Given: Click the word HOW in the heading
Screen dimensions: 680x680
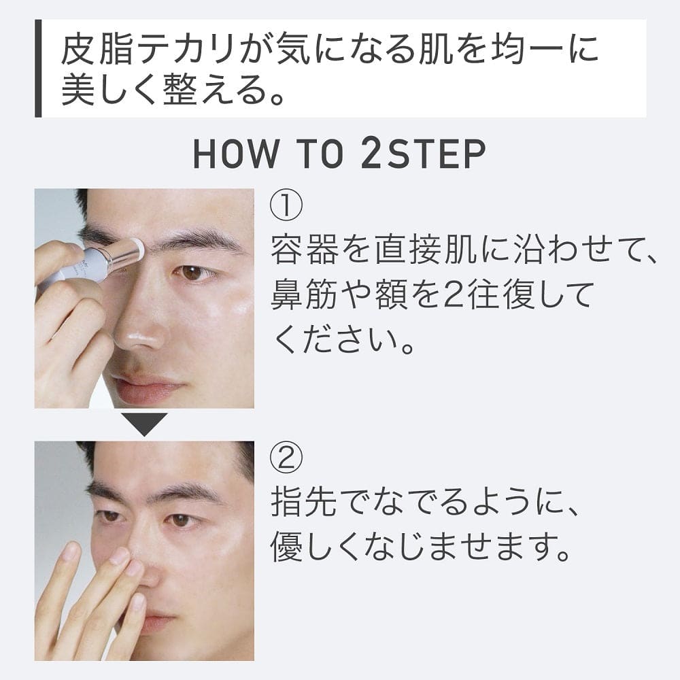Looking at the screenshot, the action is (x=235, y=154).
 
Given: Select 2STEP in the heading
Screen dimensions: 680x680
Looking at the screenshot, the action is (x=424, y=154).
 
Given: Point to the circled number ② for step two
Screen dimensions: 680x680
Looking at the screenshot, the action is (x=286, y=458).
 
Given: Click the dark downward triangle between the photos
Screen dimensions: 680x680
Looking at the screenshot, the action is (x=144, y=424).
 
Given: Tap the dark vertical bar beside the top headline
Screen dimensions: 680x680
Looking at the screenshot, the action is (x=38, y=68).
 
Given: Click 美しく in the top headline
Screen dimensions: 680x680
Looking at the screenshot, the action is (x=109, y=90).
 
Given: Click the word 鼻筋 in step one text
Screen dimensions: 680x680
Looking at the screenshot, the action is (x=305, y=295).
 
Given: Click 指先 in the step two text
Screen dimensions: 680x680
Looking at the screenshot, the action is (x=305, y=503).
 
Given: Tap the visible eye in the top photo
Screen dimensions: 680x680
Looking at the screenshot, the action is (x=193, y=273).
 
